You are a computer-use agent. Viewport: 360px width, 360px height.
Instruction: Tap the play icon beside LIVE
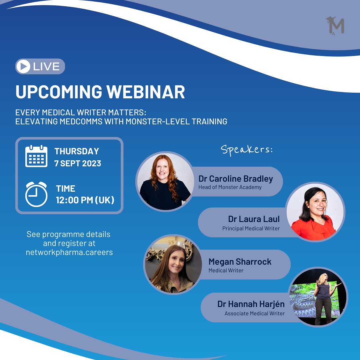pyautogui.click(x=23, y=66)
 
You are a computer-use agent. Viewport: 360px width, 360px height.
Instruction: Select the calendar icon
pyautogui.click(x=36, y=156)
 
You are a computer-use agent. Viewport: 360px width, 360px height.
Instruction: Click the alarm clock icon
pyautogui.click(x=36, y=194)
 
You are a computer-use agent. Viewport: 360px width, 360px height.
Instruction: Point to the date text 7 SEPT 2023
pyautogui.click(x=78, y=164)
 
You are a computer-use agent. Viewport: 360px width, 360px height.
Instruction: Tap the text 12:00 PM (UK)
pyautogui.click(x=85, y=200)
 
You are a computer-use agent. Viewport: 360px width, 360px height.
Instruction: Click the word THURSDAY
pyautogui.click(x=77, y=151)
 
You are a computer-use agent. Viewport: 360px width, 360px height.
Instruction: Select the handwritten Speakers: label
pyautogui.click(x=247, y=149)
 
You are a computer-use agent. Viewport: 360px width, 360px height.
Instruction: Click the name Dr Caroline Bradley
pyautogui.click(x=235, y=178)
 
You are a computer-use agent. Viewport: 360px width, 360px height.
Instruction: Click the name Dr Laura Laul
pyautogui.click(x=254, y=219)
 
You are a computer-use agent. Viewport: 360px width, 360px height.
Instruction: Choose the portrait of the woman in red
pyautogui.click(x=315, y=212)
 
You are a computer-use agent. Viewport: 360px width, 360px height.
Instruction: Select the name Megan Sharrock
pyautogui.click(x=240, y=262)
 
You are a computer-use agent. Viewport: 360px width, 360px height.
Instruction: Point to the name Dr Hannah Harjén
pyautogui.click(x=251, y=304)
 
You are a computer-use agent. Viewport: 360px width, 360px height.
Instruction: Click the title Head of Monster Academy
pyautogui.click(x=230, y=187)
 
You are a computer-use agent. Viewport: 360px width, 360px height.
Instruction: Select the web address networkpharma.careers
pyautogui.click(x=69, y=252)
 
